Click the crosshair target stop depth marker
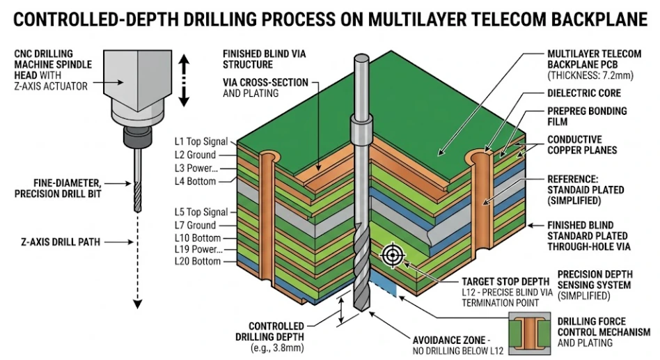point(392,256)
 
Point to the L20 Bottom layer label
point(197,261)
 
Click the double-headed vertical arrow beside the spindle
point(184,81)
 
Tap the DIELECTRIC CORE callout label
point(583,93)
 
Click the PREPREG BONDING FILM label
point(586,116)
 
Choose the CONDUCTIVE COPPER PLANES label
point(581,144)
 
